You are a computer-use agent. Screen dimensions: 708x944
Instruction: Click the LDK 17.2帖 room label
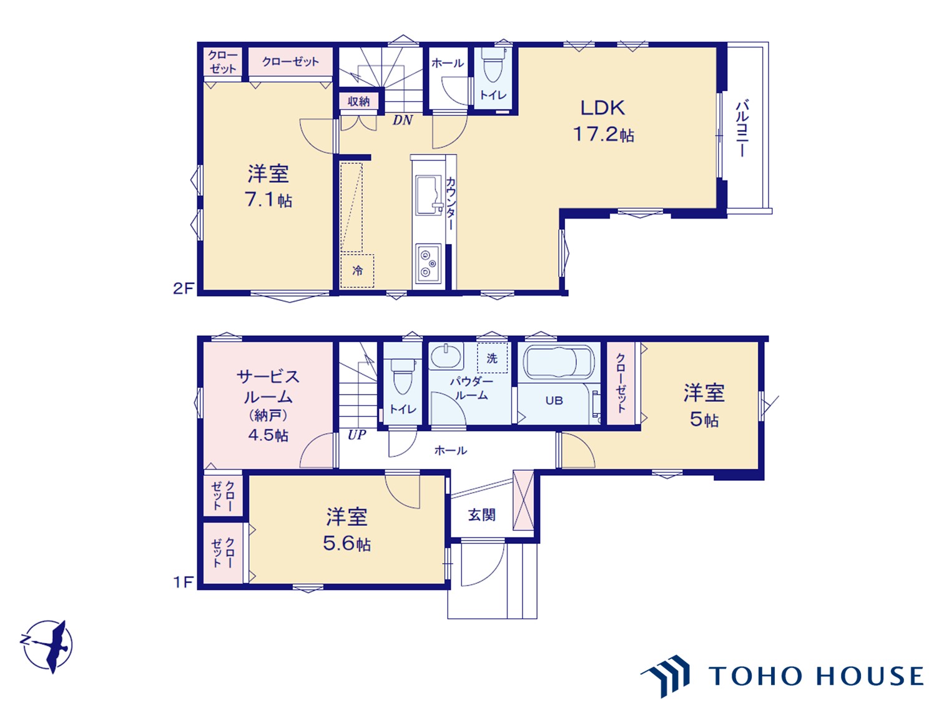[603, 120]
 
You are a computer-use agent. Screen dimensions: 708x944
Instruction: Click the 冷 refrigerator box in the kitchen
[357, 270]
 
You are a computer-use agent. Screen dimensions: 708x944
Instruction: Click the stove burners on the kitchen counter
[428, 263]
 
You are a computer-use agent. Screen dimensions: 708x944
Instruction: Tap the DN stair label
[403, 120]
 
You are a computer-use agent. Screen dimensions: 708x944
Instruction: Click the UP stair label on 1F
[357, 435]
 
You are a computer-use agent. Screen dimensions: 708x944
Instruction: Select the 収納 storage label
[359, 101]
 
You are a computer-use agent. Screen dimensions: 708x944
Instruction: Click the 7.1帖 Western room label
[268, 186]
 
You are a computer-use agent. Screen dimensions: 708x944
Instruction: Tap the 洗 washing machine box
[492, 358]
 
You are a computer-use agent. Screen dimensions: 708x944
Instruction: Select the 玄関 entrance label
[482, 514]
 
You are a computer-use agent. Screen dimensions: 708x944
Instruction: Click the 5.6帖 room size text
[347, 543]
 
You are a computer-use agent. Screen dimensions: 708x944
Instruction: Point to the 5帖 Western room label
[704, 406]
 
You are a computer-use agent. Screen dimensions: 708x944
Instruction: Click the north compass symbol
[48, 646]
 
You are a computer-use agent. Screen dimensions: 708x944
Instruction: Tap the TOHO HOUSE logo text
[815, 676]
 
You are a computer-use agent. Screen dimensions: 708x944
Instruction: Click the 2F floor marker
[184, 288]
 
